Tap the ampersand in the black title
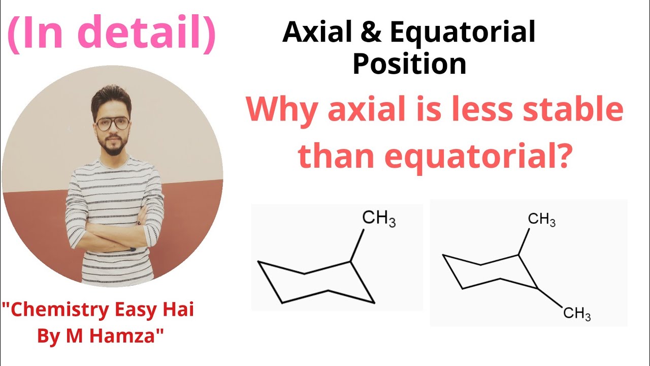coord(373,33)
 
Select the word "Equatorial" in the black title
coord(463,34)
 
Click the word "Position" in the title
coord(409,64)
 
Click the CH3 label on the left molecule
coord(378,219)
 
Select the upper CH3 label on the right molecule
coord(541,220)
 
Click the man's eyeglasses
coord(112,123)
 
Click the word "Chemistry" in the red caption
coord(53,310)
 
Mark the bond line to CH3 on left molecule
coord(357,246)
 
